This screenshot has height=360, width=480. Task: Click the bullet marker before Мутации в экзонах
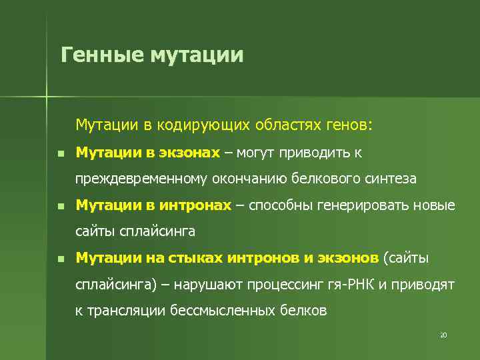click(60, 154)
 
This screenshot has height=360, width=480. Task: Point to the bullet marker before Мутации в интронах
click(60, 207)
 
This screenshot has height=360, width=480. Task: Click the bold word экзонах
click(189, 153)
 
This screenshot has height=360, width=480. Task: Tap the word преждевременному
click(141, 179)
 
